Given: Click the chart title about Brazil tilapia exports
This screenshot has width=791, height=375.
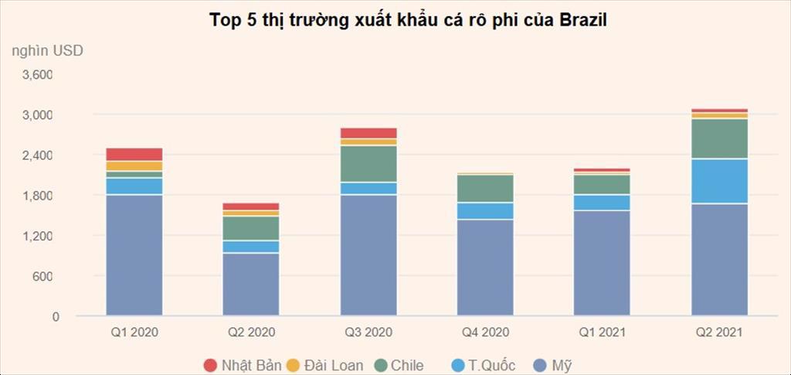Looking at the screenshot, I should coord(409,20).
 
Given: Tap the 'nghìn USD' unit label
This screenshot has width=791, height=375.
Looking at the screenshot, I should coord(47,51).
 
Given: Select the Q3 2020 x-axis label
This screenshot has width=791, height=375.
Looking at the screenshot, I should coord(368,333).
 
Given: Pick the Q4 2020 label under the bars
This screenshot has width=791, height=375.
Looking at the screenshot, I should coord(484,333).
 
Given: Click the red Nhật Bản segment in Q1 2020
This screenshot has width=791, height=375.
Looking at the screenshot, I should coord(134,154).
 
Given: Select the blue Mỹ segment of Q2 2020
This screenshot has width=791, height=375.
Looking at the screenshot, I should coord(251,285).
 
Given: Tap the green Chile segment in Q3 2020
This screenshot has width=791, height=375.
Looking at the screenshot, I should coord(368,164).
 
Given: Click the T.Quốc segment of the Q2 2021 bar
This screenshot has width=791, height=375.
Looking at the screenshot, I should coord(719,181).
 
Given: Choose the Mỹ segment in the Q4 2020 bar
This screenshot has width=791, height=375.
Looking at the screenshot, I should coord(484,268).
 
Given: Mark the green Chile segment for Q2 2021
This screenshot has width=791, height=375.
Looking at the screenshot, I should coord(719,138).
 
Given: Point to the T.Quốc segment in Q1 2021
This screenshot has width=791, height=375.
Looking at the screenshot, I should coord(602,203).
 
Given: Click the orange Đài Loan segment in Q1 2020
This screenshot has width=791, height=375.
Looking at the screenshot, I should coord(134,165).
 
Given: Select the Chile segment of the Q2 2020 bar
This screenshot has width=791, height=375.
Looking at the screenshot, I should coord(251,228).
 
